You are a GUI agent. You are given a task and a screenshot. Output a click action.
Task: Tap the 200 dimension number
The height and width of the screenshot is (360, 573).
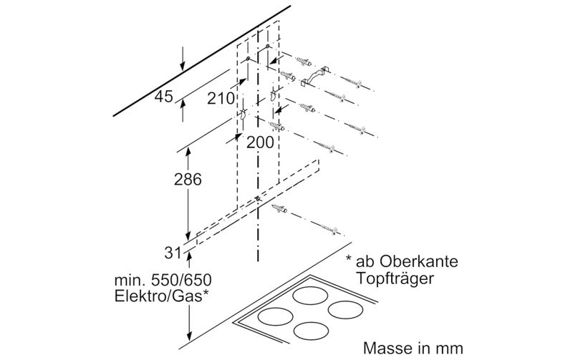click(260, 142)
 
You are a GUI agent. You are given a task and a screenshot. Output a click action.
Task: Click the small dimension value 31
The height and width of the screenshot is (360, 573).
click(171, 251)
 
